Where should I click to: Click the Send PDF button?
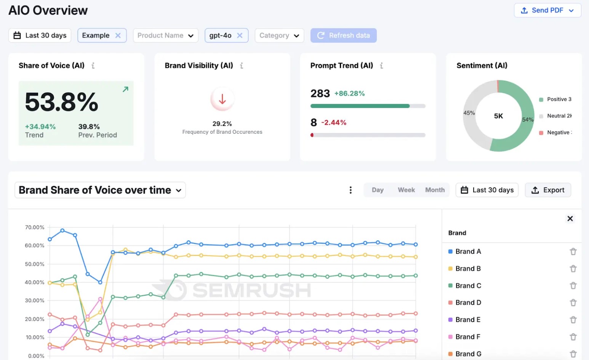pyautogui.click(x=547, y=10)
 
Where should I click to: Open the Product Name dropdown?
pyautogui.click(x=165, y=35)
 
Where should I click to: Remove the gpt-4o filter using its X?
pyautogui.click(x=240, y=35)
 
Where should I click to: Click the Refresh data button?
pyautogui.click(x=343, y=35)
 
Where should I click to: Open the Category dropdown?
pyautogui.click(x=279, y=35)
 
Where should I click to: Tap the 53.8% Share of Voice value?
pyautogui.click(x=62, y=102)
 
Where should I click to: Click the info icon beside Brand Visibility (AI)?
pyautogui.click(x=242, y=66)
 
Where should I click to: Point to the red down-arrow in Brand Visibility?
pyautogui.click(x=222, y=99)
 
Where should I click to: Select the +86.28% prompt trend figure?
pyautogui.click(x=349, y=93)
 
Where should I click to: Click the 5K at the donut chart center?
pyautogui.click(x=498, y=116)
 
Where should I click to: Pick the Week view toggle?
pyautogui.click(x=406, y=190)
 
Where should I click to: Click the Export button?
pyautogui.click(x=548, y=190)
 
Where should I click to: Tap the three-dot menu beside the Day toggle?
pyautogui.click(x=351, y=190)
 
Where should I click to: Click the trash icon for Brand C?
pyautogui.click(x=573, y=286)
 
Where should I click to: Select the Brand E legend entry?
pyautogui.click(x=467, y=320)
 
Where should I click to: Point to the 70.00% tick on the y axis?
pyautogui.click(x=35, y=227)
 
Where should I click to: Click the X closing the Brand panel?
pyautogui.click(x=570, y=219)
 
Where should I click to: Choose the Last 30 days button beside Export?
pyautogui.click(x=487, y=190)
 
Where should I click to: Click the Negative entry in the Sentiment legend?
pyautogui.click(x=558, y=133)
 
